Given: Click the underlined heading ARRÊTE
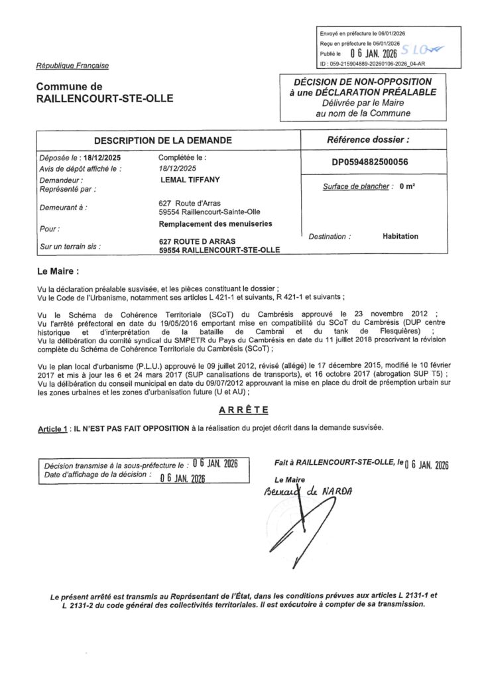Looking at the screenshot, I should click(x=239, y=410).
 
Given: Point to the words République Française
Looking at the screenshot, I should click(x=72, y=66).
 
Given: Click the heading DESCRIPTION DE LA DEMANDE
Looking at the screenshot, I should click(x=163, y=141).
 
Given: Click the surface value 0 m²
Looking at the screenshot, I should click(x=407, y=187).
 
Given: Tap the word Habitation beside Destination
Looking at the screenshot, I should click(x=400, y=235).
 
